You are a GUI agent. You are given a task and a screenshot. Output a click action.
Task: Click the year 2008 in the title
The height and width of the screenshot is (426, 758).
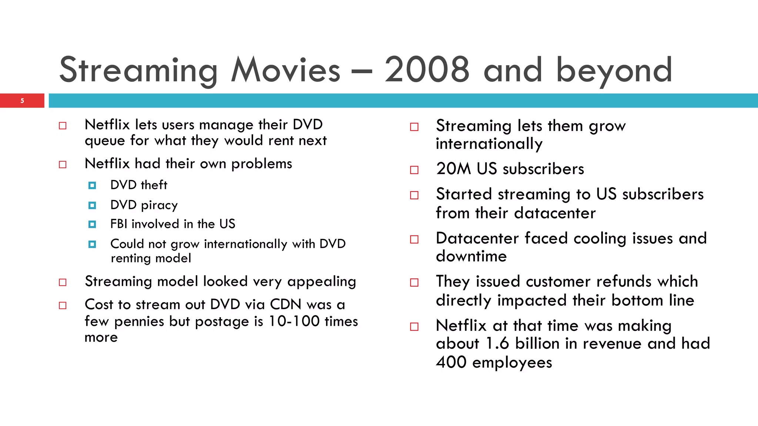pyautogui.click(x=427, y=70)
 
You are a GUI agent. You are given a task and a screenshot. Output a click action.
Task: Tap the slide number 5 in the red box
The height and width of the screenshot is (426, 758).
pyautogui.click(x=22, y=101)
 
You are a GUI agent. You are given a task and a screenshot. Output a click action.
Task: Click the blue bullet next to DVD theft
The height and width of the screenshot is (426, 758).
pyautogui.click(x=92, y=185)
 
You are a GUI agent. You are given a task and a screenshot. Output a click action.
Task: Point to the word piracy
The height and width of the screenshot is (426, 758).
pyautogui.click(x=159, y=205)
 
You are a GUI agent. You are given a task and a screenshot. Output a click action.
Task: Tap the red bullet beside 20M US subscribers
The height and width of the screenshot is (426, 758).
pyautogui.click(x=414, y=170)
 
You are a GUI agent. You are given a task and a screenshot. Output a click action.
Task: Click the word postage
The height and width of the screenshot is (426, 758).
pyautogui.click(x=222, y=321)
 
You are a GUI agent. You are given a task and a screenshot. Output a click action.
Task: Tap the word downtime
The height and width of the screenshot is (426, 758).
pyautogui.click(x=471, y=256)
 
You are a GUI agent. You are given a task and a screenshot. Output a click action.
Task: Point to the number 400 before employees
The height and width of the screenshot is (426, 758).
pyautogui.click(x=451, y=362)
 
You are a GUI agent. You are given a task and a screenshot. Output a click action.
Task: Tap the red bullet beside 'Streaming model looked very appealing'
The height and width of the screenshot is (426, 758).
pyautogui.click(x=63, y=283)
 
